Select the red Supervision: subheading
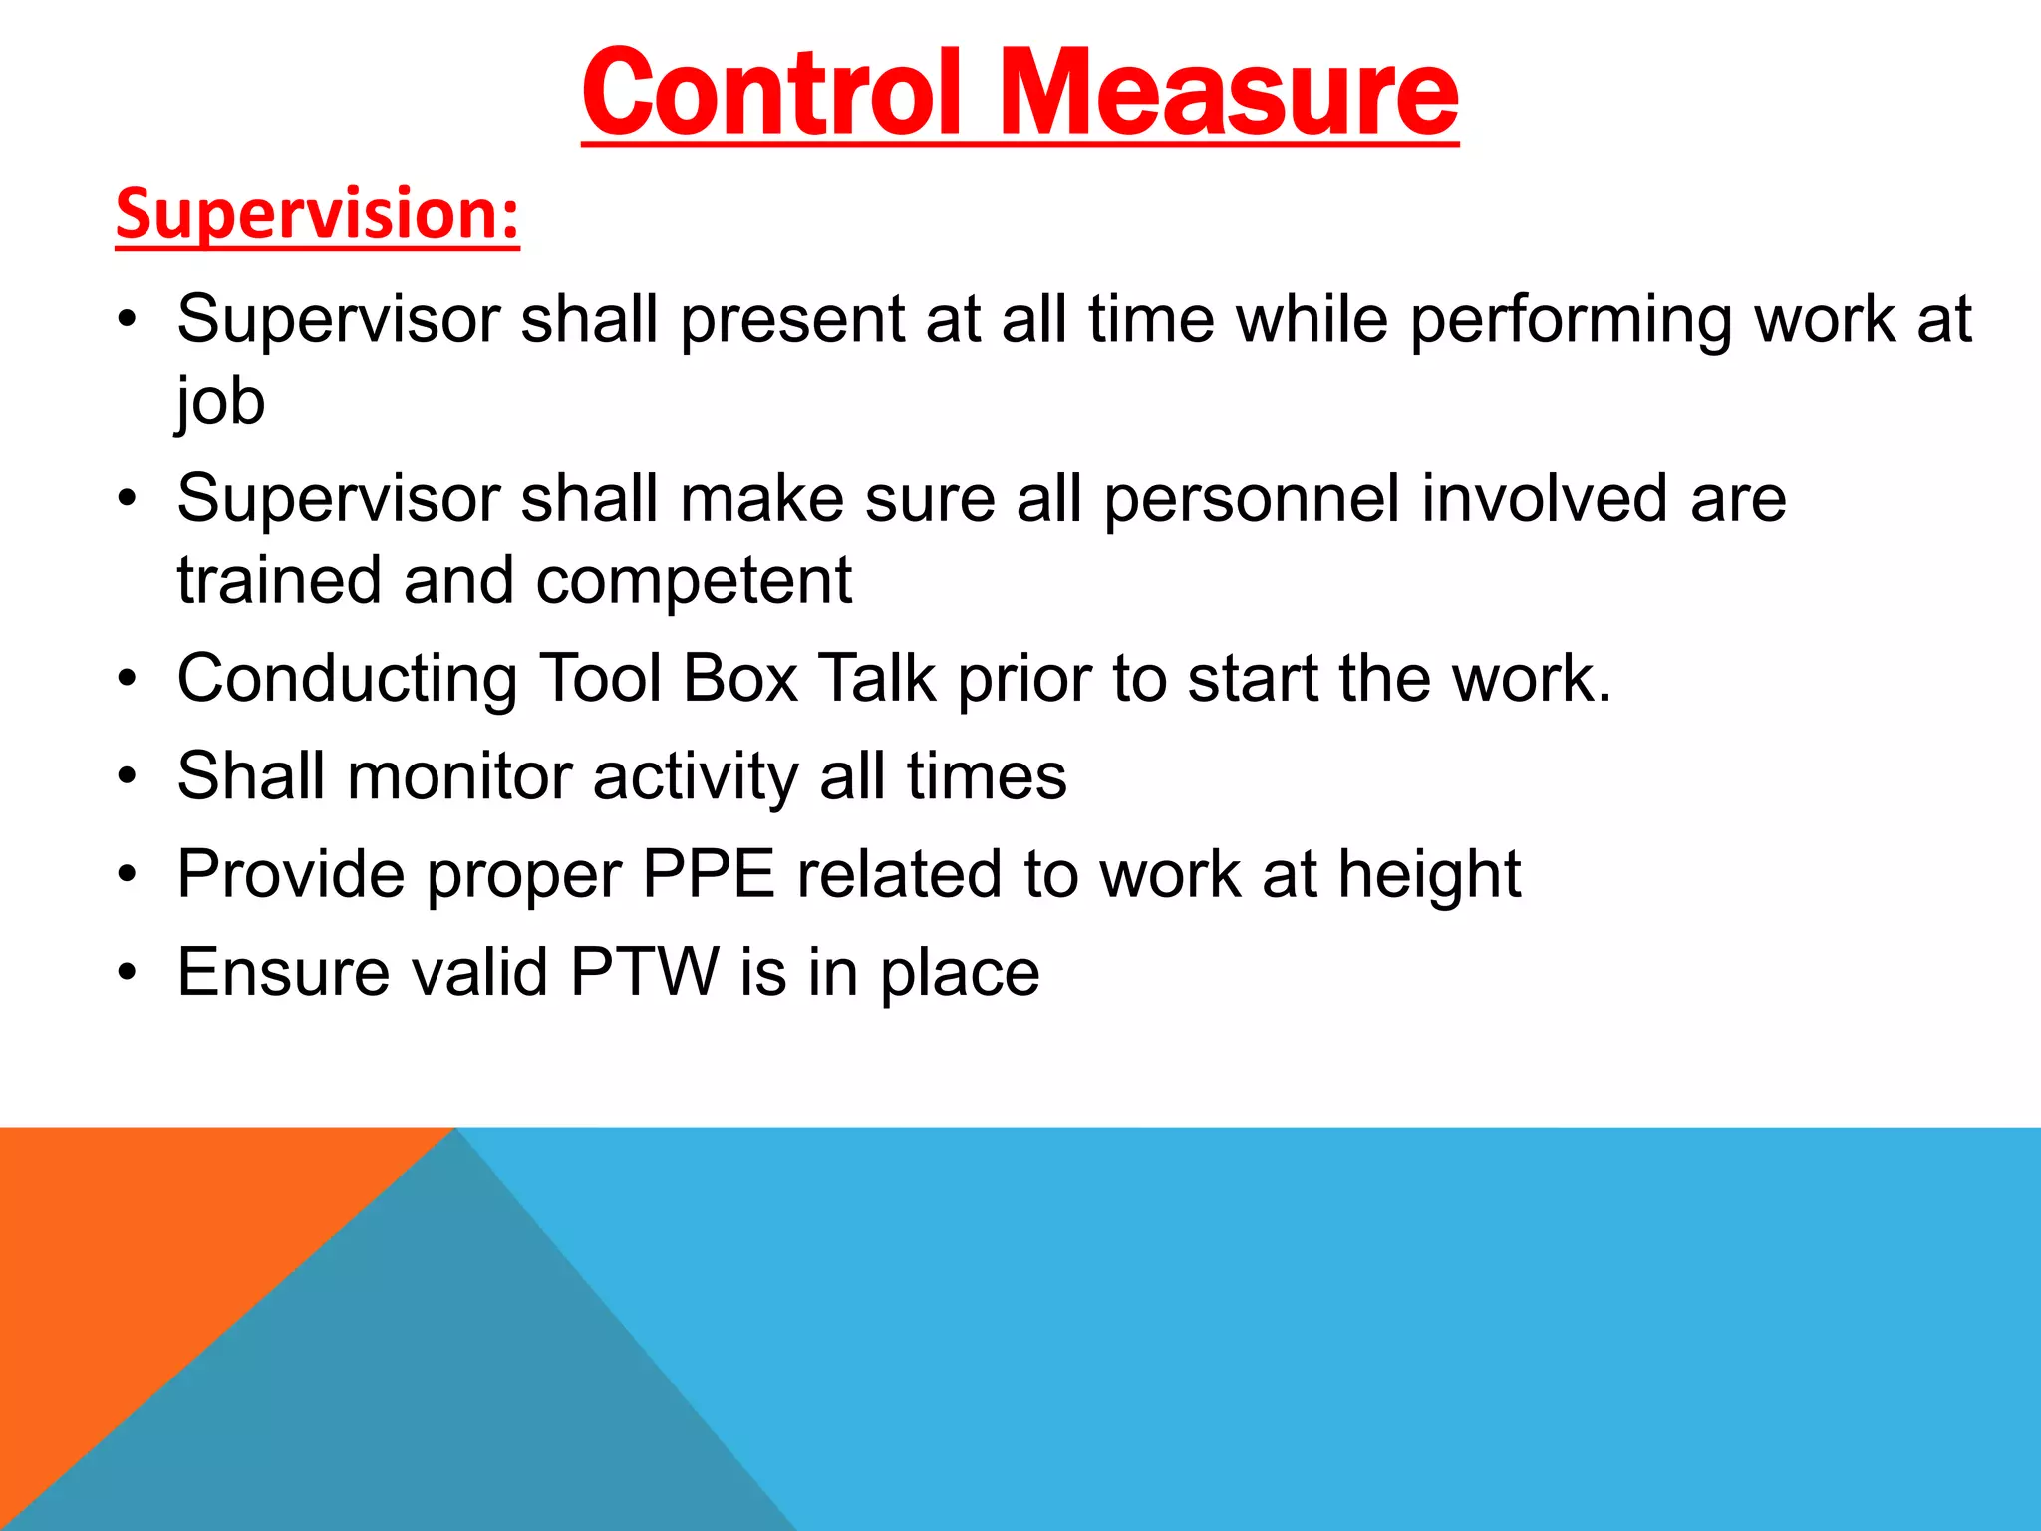tap(317, 214)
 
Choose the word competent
tap(694, 580)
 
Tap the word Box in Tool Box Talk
tap(740, 678)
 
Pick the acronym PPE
tap(709, 874)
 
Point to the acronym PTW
tap(644, 972)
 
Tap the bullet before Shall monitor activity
tap(126, 776)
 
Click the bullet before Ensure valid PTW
tap(126, 972)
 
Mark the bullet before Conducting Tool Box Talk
tap(126, 679)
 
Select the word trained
tap(279, 580)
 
